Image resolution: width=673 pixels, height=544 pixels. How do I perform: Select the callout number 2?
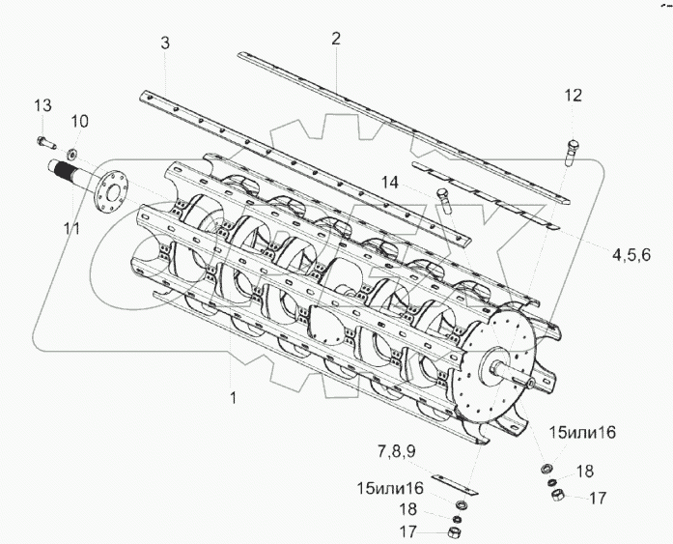(x=335, y=40)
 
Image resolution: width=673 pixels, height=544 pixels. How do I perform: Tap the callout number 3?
(x=165, y=43)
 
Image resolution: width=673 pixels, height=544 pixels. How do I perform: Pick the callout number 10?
(x=80, y=121)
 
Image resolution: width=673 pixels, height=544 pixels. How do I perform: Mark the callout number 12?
(x=574, y=95)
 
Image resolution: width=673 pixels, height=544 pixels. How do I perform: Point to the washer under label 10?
(x=73, y=154)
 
